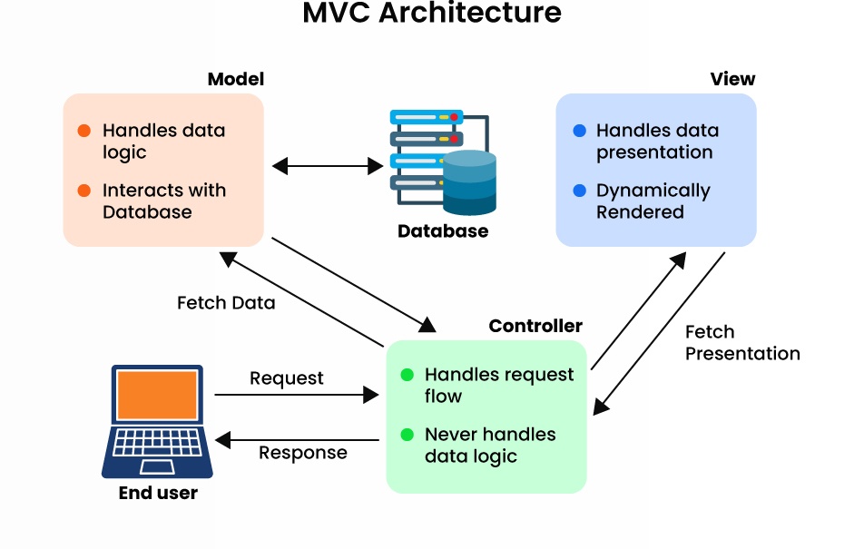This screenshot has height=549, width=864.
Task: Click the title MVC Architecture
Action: [x=432, y=14]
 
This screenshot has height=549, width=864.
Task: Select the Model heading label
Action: [x=235, y=79]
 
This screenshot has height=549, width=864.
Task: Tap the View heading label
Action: [x=732, y=79]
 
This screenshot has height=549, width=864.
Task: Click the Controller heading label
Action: [x=535, y=326]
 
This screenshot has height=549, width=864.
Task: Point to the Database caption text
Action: [x=443, y=231]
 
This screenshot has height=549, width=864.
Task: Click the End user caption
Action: [x=158, y=494]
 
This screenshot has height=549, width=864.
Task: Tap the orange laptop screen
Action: [x=157, y=395]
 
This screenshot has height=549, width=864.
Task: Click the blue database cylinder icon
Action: [x=469, y=182]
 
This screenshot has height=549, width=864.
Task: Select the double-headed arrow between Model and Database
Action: [x=328, y=166]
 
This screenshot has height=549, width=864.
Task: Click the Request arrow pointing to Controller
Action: [x=296, y=395]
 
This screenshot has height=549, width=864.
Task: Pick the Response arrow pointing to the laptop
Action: [x=296, y=441]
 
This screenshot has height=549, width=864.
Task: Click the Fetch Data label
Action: [x=226, y=303]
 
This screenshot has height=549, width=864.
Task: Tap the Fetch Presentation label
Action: [x=742, y=343]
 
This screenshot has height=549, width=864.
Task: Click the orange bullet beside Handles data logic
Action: [x=84, y=131]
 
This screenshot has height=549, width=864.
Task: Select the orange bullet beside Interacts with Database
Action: [x=84, y=191]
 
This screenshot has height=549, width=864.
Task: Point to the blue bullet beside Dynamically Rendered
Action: [x=580, y=191]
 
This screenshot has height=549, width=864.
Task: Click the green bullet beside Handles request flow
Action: [x=407, y=375]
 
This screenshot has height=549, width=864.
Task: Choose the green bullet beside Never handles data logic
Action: [x=407, y=435]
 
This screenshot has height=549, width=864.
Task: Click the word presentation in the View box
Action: [x=654, y=152]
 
